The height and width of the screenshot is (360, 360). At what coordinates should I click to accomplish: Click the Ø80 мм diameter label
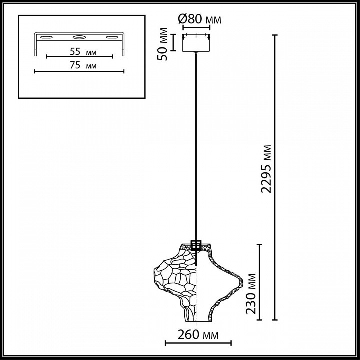pyautogui.click(x=199, y=19)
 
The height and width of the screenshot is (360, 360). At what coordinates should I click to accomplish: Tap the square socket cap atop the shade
pyautogui.click(x=196, y=245)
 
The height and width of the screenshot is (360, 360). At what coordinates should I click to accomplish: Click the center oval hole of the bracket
pyautogui.click(x=78, y=37)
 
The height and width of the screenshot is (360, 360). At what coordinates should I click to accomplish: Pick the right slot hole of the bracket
pyautogui.click(x=112, y=37)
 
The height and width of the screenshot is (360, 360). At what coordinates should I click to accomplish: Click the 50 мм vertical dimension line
pyautogui.click(x=173, y=42)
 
